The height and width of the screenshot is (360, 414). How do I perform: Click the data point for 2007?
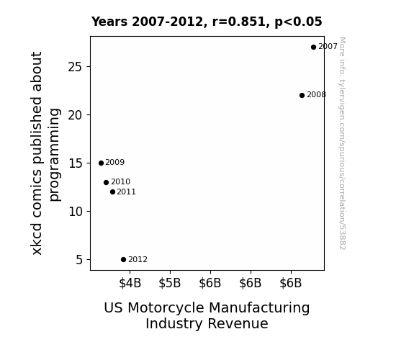[x=313, y=48]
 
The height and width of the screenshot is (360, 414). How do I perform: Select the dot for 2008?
[x=302, y=95]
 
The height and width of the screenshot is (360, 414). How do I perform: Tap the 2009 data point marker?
[x=101, y=163]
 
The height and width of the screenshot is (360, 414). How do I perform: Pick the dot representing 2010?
[x=106, y=182]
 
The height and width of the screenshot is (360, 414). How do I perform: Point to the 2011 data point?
[x=113, y=192]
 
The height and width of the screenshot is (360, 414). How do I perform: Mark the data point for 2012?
[x=123, y=260]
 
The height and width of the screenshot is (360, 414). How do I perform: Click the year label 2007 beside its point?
[x=328, y=47]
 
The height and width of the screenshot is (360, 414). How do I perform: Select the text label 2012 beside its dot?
[x=138, y=260]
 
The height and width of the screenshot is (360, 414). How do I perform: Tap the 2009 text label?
[x=115, y=162]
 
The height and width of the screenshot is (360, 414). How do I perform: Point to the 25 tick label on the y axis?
[x=75, y=67]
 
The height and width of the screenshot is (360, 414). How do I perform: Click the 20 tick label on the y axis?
[x=75, y=115]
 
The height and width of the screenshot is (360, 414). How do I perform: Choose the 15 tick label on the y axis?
[x=75, y=163]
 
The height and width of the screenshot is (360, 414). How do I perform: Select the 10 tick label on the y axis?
[x=75, y=212]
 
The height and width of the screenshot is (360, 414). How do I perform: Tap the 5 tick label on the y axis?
[x=79, y=260]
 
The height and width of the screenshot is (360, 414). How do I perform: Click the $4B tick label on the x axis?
[x=130, y=283]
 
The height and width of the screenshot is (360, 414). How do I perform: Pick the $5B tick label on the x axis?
[x=169, y=283]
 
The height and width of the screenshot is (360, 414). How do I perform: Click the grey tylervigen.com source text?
[x=342, y=143]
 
